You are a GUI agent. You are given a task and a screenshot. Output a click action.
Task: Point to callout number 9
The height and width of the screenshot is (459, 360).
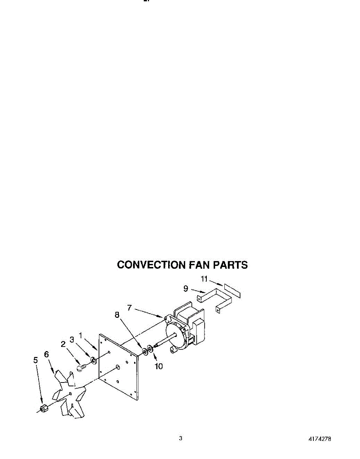186,288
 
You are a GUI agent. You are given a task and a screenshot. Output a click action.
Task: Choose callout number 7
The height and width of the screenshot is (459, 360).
130,308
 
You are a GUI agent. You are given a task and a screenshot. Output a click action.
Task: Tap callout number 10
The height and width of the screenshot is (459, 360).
158,366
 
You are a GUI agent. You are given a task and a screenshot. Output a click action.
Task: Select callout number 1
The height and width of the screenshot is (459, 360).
80,335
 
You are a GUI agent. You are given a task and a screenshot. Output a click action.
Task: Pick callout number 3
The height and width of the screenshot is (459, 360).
71,339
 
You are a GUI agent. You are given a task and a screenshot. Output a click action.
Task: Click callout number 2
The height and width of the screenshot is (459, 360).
63,344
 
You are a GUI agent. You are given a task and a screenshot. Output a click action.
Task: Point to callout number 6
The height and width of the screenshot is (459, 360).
47,355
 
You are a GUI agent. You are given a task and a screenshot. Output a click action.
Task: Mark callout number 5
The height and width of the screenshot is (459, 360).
36,360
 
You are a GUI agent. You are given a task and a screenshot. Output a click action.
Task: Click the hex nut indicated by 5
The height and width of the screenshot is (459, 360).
44,409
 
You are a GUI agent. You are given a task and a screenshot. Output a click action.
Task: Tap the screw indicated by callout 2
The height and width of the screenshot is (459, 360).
81,368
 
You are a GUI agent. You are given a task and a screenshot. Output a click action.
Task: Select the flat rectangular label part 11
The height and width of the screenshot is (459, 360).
233,291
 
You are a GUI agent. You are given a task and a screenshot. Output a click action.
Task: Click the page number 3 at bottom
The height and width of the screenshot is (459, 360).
180,438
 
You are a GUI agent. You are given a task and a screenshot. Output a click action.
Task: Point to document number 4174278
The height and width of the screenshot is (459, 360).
319,439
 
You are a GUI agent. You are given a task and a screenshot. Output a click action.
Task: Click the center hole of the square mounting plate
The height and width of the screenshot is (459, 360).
118,367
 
